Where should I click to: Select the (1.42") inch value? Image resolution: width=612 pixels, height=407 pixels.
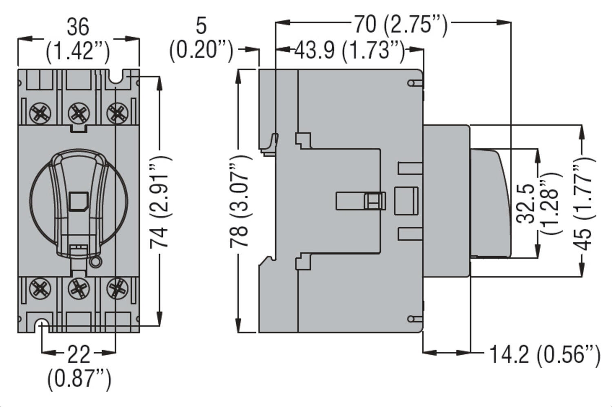[78, 52]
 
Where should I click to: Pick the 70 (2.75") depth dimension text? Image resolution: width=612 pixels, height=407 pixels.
[400, 25]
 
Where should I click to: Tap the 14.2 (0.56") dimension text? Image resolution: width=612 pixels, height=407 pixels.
[545, 354]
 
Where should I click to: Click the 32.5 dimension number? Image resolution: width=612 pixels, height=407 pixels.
[526, 203]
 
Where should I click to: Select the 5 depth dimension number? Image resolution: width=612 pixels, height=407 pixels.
[201, 27]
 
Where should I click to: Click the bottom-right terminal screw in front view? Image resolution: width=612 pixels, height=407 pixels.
[117, 288]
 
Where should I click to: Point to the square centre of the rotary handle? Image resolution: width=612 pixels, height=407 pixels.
[78, 201]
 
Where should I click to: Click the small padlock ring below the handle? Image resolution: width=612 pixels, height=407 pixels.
[95, 262]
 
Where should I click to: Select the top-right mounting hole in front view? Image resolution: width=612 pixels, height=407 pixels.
[117, 78]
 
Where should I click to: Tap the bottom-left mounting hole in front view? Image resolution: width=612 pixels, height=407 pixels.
[42, 325]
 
